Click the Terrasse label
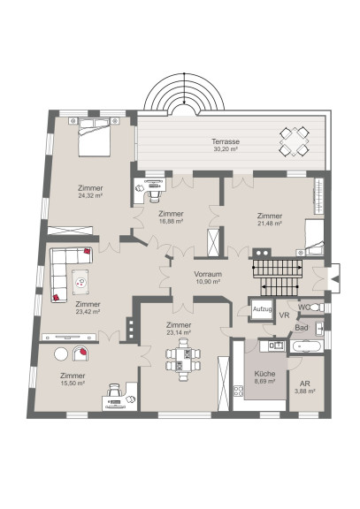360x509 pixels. pyautogui.click(x=226, y=141)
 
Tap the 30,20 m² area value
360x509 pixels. pyautogui.click(x=226, y=149)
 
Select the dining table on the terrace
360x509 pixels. pyautogui.click(x=295, y=141)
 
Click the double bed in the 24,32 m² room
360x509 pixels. pyautogui.click(x=95, y=137)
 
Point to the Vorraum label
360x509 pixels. pyautogui.click(x=208, y=274)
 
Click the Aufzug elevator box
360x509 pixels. pyautogui.click(x=262, y=309)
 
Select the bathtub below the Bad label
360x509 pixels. pyautogui.click(x=307, y=346)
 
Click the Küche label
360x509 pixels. pyautogui.click(x=264, y=374)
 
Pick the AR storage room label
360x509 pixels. pyautogui.click(x=305, y=384)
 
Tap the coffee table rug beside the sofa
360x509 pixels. pyautogui.click(x=80, y=283)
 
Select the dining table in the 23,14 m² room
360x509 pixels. pyautogui.click(x=183, y=360)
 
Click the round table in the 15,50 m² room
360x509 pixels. pyautogui.click(x=61, y=353)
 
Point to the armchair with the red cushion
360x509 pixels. pyautogui.click(x=80, y=353)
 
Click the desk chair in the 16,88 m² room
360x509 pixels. pyautogui.click(x=155, y=196)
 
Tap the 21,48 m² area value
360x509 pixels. pyautogui.click(x=270, y=224)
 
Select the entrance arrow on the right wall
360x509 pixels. pyautogui.click(x=334, y=278)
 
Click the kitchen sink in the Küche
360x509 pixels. pyautogui.click(x=279, y=346)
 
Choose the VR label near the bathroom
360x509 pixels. pyautogui.click(x=284, y=315)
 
